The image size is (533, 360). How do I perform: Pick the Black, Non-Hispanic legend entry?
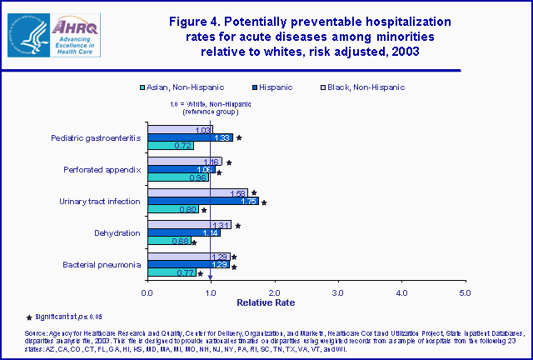point(362,87)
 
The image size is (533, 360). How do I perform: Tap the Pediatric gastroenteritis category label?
point(96,137)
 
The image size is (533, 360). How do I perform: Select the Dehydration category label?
point(117,232)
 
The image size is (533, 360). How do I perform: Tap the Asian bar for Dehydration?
point(169,242)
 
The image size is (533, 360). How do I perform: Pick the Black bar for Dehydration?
point(189,224)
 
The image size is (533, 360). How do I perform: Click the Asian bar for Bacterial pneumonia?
point(172,272)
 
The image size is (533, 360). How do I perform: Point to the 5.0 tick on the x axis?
point(466,292)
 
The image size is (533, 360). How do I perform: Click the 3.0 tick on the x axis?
point(338,292)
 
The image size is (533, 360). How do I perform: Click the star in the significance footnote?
point(31,317)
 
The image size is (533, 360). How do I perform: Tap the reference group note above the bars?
point(211,107)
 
